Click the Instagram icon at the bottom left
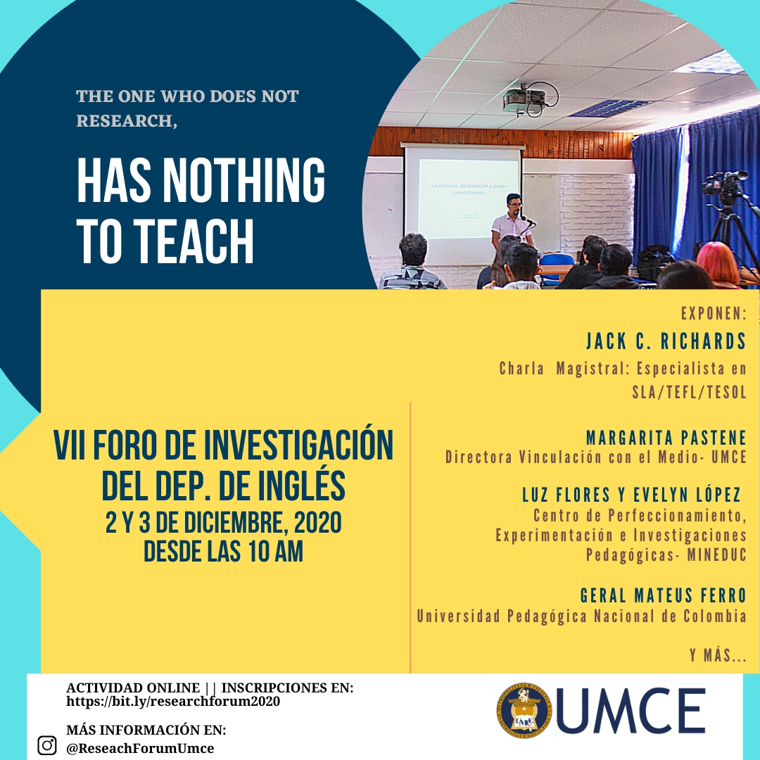pyautogui.click(x=47, y=745)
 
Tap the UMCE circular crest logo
pyautogui.click(x=524, y=710)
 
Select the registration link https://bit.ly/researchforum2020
pyautogui.click(x=173, y=702)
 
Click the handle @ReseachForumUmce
pyautogui.click(x=140, y=748)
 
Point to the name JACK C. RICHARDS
pyautogui.click(x=666, y=341)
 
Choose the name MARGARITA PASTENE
pyautogui.click(x=666, y=438)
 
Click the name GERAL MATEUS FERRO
pyautogui.click(x=664, y=595)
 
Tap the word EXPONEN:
pyautogui.click(x=714, y=314)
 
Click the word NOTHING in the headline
pyautogui.click(x=243, y=180)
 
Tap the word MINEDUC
pyautogui.click(x=717, y=555)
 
